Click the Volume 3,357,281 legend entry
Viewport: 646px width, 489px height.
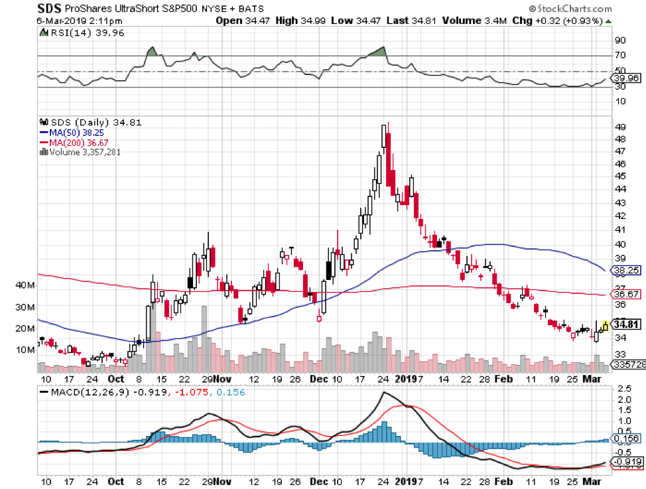pyautogui.click(x=84, y=152)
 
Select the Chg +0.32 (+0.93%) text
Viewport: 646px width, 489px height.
pyautogui.click(x=558, y=21)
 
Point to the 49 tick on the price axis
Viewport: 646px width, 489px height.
pyautogui.click(x=621, y=127)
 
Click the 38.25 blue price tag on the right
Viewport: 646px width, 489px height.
pyautogui.click(x=625, y=270)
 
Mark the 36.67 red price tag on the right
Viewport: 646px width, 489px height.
pyautogui.click(x=625, y=294)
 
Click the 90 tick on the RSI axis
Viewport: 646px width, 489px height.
pyautogui.click(x=621, y=39)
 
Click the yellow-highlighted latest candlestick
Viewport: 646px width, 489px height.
pyautogui.click(x=605, y=326)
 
